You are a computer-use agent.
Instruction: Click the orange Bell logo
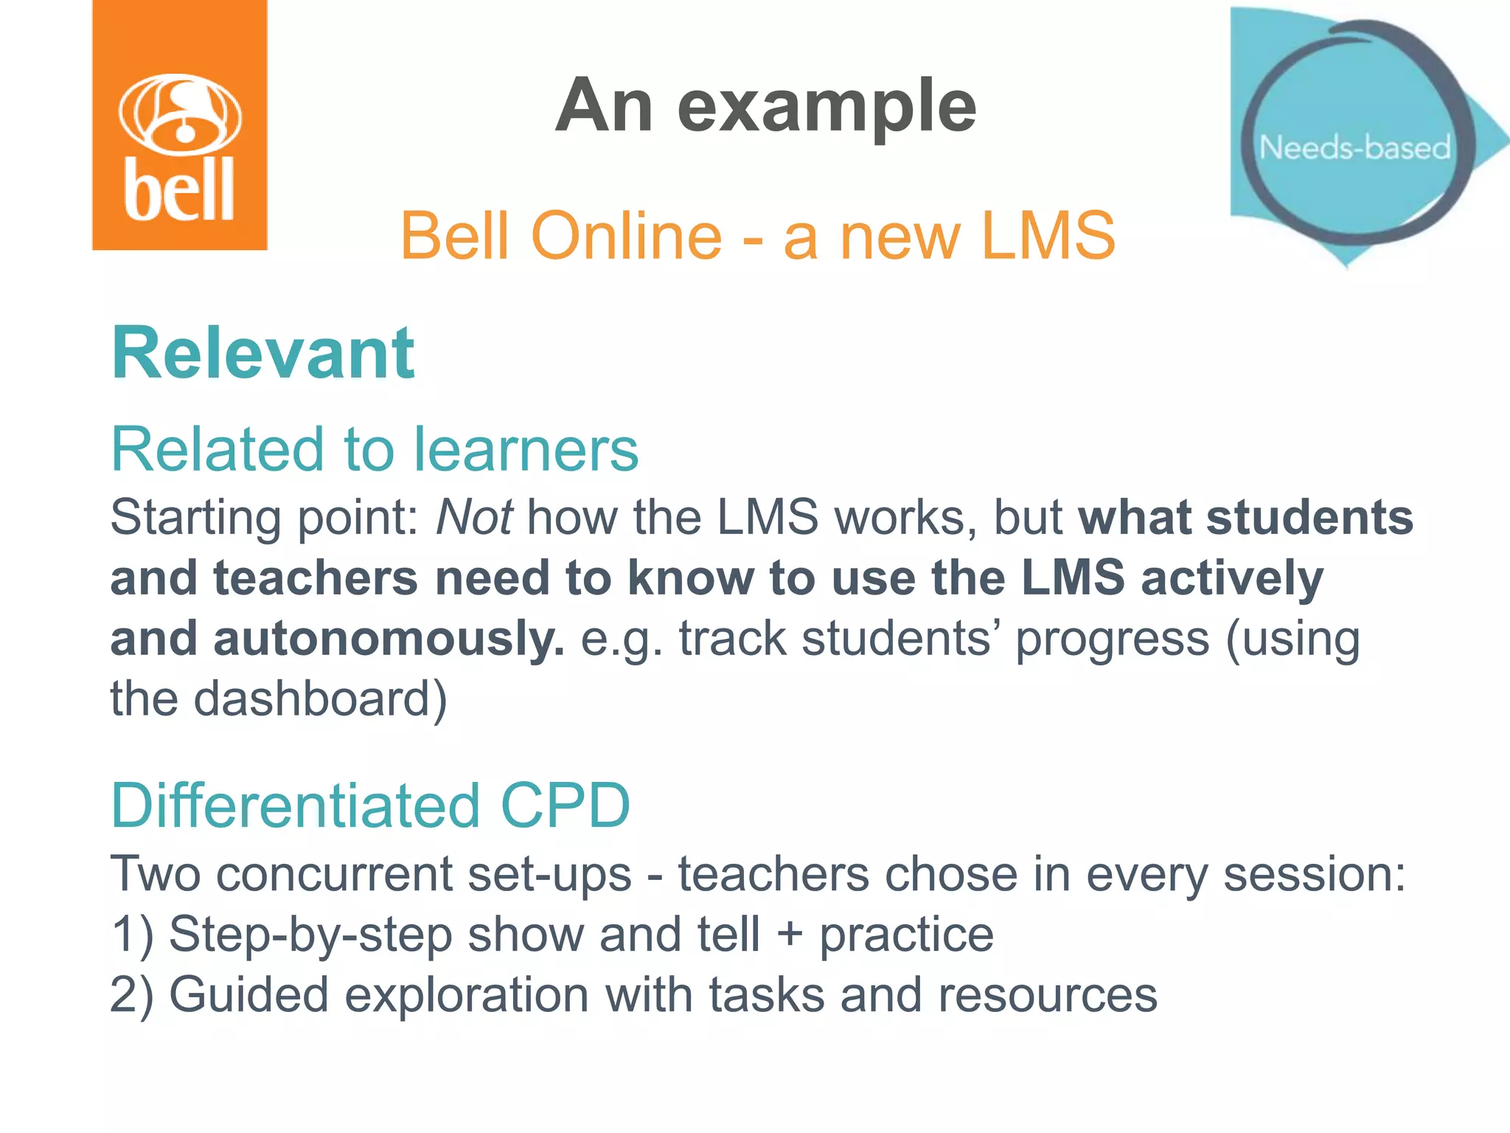coord(179,125)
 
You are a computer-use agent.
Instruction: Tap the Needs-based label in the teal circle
coord(1354,148)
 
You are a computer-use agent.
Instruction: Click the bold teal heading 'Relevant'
coord(262,353)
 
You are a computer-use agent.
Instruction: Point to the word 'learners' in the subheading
coord(526,449)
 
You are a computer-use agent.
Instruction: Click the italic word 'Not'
coord(474,517)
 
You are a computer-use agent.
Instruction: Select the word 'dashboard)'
coord(320,699)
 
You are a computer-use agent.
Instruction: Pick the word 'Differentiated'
coord(296,805)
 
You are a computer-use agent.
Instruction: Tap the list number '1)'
coord(132,935)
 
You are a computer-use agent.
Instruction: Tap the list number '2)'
coord(132,995)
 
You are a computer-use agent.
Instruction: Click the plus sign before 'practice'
coord(789,935)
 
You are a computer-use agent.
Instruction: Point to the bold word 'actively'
coord(1232,578)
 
